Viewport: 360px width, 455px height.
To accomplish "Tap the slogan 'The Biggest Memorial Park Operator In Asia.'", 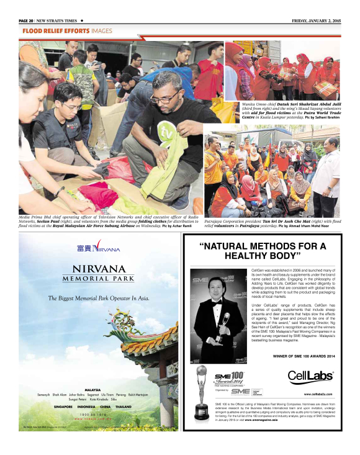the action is click(x=99, y=298).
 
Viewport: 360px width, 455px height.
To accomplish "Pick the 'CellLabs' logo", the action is click(x=310, y=376).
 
